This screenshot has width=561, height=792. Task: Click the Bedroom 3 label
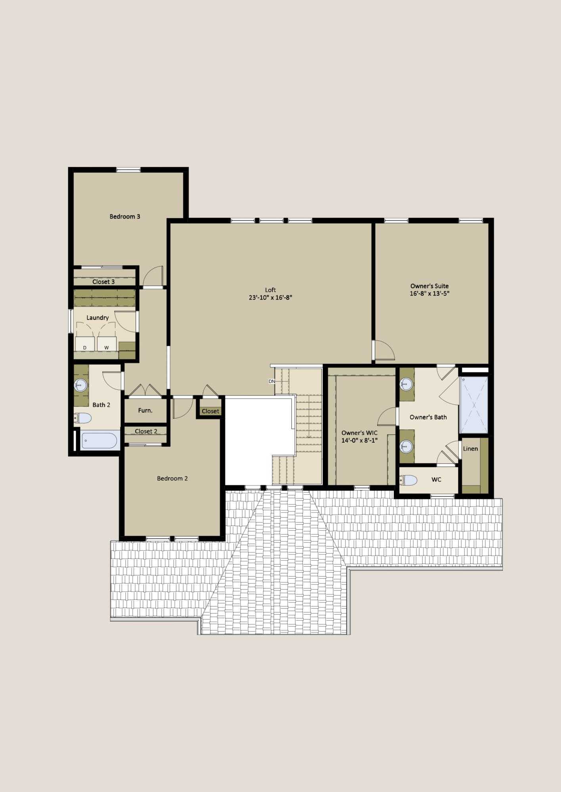click(x=125, y=217)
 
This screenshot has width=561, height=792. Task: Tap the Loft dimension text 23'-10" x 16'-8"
click(x=270, y=298)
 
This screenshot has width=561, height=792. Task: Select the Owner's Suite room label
click(x=429, y=286)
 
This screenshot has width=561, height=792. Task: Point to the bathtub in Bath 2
click(x=100, y=441)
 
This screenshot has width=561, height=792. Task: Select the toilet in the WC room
click(x=408, y=480)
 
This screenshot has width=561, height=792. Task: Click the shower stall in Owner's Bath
click(x=474, y=405)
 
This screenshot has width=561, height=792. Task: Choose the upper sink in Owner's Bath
click(x=406, y=383)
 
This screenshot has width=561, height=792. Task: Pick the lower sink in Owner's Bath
click(x=406, y=447)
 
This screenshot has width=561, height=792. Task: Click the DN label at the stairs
click(x=272, y=381)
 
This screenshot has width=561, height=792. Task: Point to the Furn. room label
click(x=145, y=411)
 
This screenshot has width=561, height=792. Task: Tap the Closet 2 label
click(x=146, y=431)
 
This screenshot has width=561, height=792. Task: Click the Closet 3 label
click(x=103, y=282)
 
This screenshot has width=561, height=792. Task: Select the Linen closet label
click(x=470, y=449)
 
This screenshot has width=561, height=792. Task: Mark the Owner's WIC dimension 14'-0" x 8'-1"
click(x=360, y=440)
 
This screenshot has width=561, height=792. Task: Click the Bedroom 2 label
click(x=172, y=478)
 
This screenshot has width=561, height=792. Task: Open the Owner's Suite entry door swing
click(x=385, y=350)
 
